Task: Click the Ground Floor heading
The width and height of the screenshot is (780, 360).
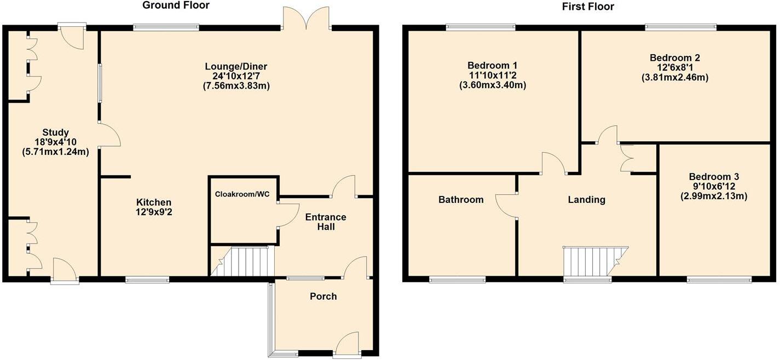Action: pyautogui.click(x=176, y=5)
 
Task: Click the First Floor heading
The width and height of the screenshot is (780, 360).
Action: pyautogui.click(x=588, y=7)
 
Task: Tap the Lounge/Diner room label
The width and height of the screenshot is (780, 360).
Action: pyautogui.click(x=238, y=67)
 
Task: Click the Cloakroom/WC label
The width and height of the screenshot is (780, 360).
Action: pyautogui.click(x=244, y=194)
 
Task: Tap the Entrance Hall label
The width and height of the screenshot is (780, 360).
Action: pyautogui.click(x=325, y=222)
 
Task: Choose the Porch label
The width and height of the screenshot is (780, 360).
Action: pyautogui.click(x=323, y=297)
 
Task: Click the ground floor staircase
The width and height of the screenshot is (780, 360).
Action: pyautogui.click(x=243, y=262)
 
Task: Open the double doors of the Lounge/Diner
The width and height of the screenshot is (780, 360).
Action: pyautogui.click(x=307, y=18)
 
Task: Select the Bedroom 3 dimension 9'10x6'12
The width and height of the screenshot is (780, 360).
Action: pyautogui.click(x=714, y=187)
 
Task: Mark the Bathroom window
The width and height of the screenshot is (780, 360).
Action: pyautogui.click(x=457, y=280)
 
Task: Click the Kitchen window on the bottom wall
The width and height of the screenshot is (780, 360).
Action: pyautogui.click(x=147, y=280)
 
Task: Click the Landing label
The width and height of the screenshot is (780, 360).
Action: pyautogui.click(x=586, y=200)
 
